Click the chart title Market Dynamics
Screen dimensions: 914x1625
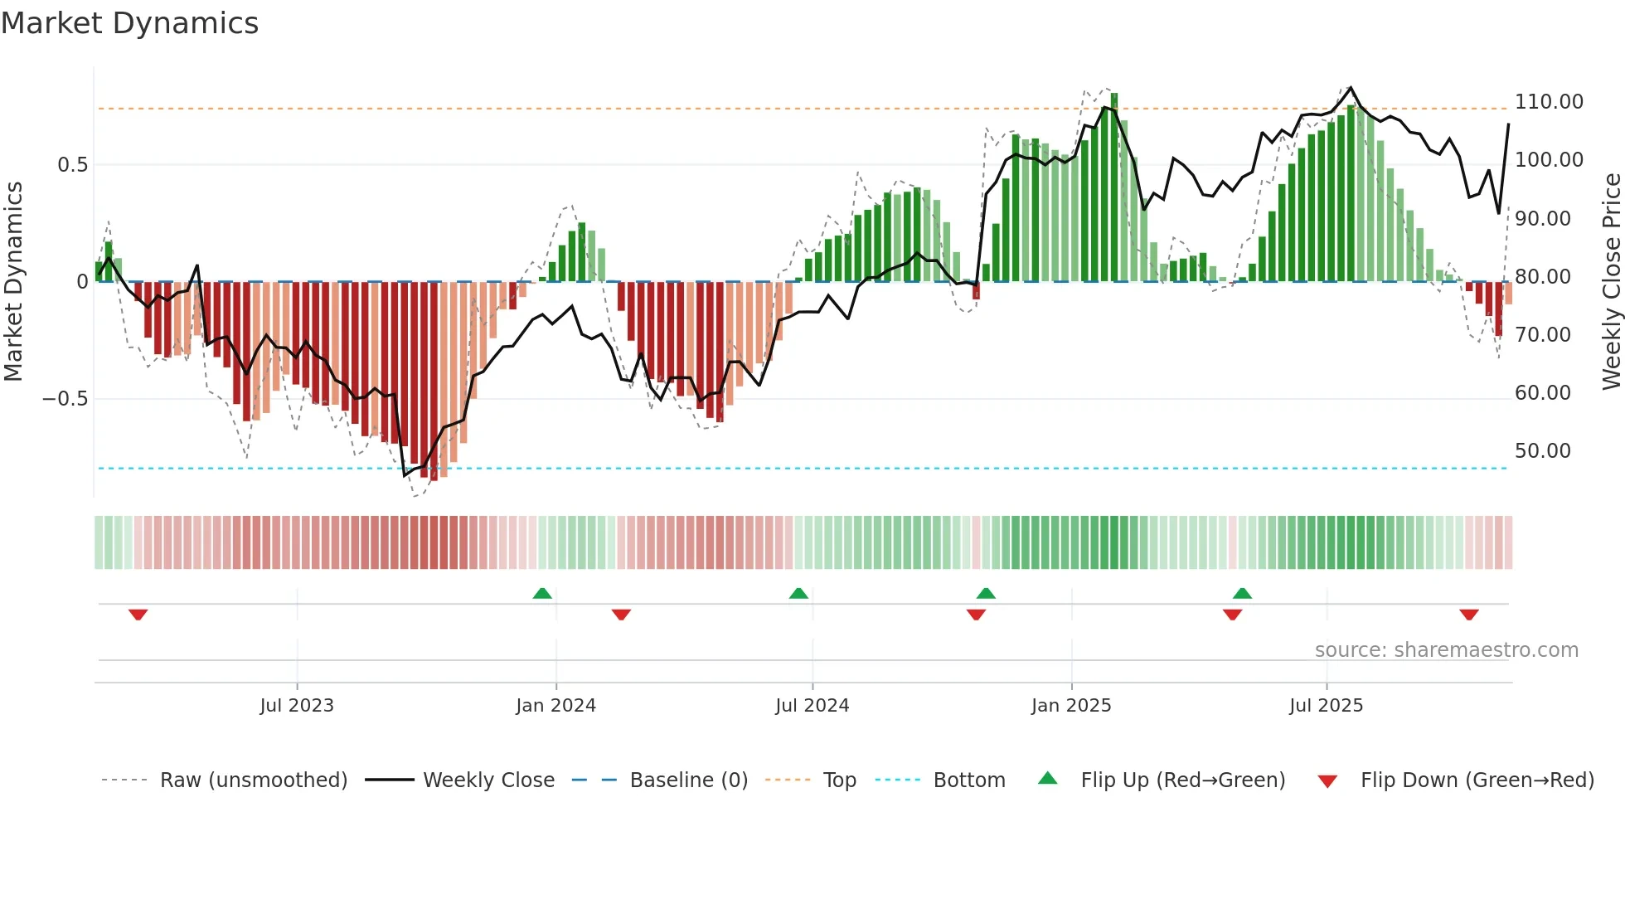coord(129,23)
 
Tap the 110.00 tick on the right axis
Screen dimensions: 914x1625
coord(1548,102)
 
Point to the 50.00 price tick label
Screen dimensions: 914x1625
coord(1542,451)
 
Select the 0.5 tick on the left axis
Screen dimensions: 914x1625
coord(72,165)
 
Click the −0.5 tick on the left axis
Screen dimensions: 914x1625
coord(65,399)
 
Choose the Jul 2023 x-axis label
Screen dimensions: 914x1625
coord(297,706)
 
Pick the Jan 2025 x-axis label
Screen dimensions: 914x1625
coord(1070,706)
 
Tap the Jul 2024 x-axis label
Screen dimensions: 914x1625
coord(812,706)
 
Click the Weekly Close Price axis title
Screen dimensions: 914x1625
coord(1611,281)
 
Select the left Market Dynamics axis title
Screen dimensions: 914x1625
coord(13,281)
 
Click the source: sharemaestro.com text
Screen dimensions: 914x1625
coord(1446,650)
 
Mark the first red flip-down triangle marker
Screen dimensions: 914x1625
coord(138,615)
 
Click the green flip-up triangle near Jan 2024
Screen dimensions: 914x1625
coord(542,593)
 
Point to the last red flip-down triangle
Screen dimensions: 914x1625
coord(1469,615)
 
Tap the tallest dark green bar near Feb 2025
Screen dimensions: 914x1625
coord(1114,187)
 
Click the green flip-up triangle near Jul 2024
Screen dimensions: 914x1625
coord(798,593)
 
